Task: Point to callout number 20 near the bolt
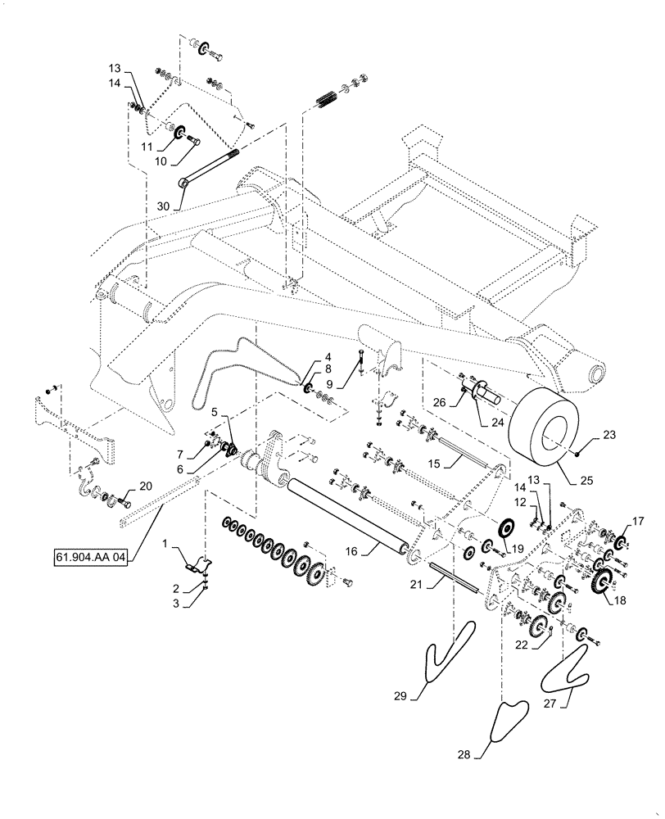tap(145, 486)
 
